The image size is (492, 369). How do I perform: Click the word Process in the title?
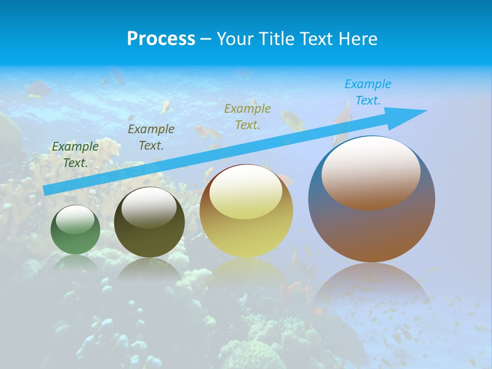[x=161, y=39]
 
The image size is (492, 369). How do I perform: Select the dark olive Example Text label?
[x=151, y=137]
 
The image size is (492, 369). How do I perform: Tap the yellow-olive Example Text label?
[x=248, y=116]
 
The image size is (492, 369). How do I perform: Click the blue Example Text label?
[x=368, y=92]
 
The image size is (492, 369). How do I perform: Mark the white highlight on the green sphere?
[x=75, y=219]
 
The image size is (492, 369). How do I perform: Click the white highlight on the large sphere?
[x=371, y=172]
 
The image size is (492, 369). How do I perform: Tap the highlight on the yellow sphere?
[x=246, y=192]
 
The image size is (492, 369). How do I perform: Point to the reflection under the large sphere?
[x=372, y=287]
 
